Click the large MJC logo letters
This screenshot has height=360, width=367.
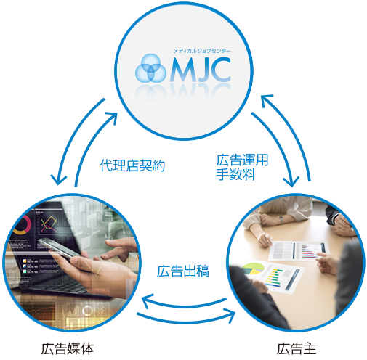tap(201, 70)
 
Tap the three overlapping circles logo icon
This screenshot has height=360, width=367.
tap(150, 68)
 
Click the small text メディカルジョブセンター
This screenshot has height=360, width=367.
tap(202, 51)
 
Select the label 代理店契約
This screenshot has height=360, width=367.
tap(132, 165)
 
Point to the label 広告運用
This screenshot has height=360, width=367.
tap(242, 160)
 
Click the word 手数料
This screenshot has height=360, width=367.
tap(235, 174)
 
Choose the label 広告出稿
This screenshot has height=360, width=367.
tap(183, 271)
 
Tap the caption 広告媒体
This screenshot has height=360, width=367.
tap(68, 348)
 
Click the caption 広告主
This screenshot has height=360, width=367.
tap(297, 348)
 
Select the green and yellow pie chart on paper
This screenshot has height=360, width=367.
tap(253, 269)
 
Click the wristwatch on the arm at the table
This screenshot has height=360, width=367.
tap(281, 220)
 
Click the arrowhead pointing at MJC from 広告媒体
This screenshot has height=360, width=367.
tap(112, 118)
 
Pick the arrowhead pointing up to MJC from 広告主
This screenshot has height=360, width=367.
tap(267, 99)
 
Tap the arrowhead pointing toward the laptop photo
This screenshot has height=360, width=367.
tap(147, 301)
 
